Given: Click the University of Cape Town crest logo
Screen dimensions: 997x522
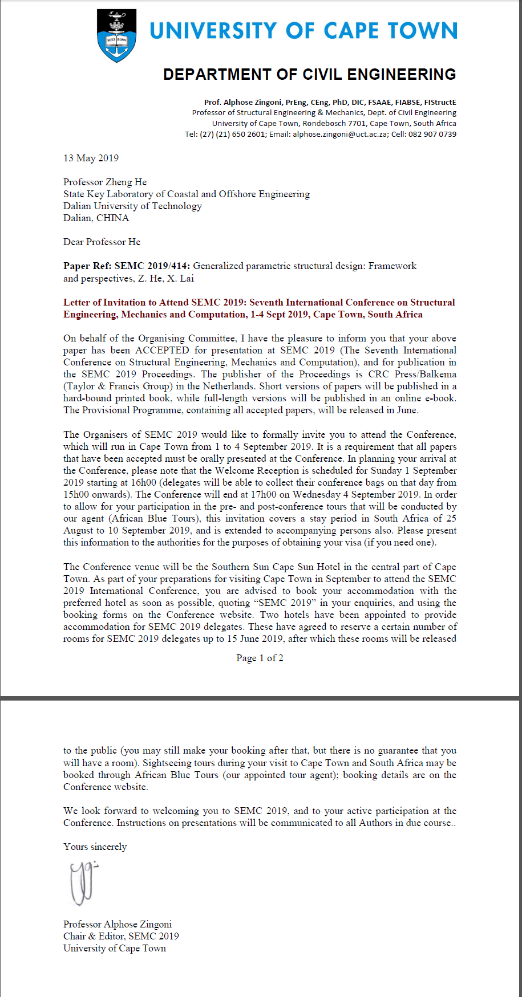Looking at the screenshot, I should [x=117, y=36].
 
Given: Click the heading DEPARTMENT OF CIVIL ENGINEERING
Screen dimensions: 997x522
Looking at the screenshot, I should [x=309, y=75].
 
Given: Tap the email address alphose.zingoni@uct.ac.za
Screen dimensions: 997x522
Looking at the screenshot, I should [x=340, y=135].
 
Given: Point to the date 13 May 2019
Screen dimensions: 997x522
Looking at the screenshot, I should [x=91, y=158].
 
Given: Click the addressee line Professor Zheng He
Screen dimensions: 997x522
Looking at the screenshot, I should [x=105, y=182].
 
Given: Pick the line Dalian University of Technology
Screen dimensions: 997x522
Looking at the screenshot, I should [x=132, y=206].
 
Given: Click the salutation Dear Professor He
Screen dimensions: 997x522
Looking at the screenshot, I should [x=102, y=242].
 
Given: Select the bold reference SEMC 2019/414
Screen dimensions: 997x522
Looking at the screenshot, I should [x=152, y=266].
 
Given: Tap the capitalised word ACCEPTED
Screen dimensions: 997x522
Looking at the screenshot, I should [x=162, y=350].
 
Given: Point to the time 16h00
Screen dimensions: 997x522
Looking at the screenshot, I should [x=143, y=482].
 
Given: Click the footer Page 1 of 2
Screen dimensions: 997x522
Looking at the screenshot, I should [x=260, y=658].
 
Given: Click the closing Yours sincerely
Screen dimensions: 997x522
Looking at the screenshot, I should [x=95, y=847].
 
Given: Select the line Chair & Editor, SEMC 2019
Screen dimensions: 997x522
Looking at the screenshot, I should [x=121, y=936].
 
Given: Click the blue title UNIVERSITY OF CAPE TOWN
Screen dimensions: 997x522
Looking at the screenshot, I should [x=304, y=31].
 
